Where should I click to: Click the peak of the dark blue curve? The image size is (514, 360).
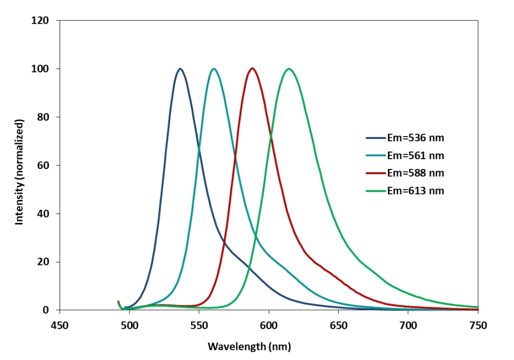pos(180,69)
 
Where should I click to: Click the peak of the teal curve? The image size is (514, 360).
pos(214,69)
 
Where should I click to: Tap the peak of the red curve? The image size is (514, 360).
pos(252,68)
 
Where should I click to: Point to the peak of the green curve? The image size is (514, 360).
pos(289,69)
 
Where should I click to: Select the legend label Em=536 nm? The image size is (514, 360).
pos(415,138)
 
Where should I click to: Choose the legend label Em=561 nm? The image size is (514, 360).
pos(415,155)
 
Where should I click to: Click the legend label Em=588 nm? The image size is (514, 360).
pos(415,173)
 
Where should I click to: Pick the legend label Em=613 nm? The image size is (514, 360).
pos(415,191)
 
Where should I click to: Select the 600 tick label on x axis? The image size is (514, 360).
pos(269,325)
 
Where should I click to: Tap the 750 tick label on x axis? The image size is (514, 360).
pos(478,325)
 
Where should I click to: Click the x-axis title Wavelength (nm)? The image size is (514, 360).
pos(249,347)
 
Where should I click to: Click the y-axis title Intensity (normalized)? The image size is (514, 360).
pos(20,172)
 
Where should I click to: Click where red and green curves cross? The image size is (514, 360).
pos(270,136)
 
